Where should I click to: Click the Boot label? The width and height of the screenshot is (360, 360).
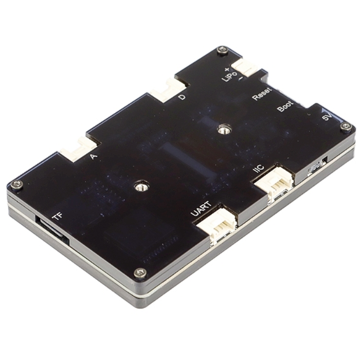(285, 106)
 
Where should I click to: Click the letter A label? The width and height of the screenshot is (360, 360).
(94, 155)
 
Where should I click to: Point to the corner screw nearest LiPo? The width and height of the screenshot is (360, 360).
(222, 50)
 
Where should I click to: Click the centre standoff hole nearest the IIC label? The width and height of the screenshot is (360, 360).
(222, 130)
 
